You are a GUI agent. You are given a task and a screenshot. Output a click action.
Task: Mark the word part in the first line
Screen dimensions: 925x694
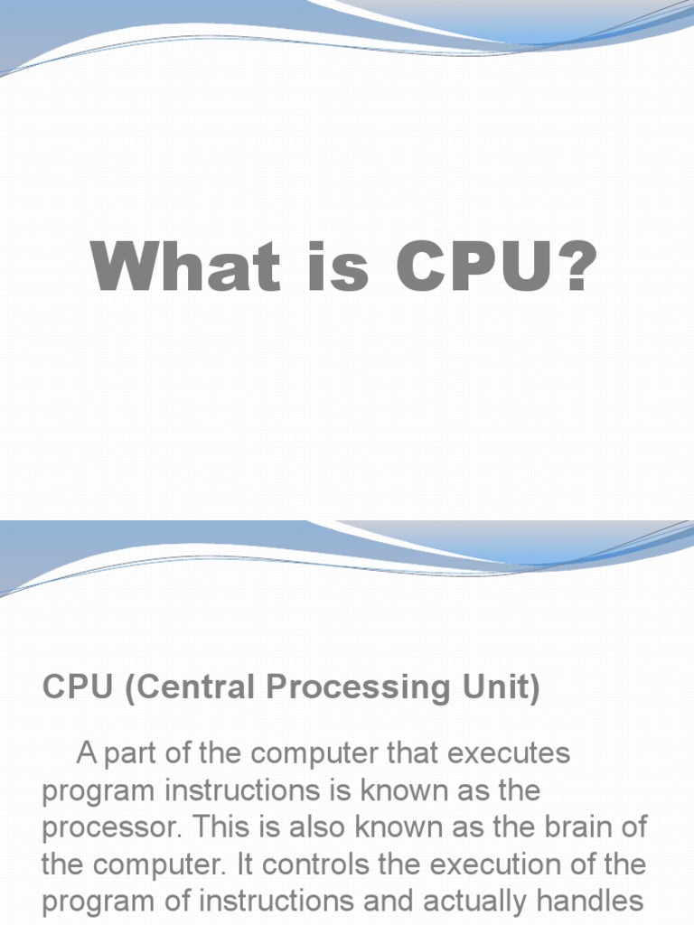[x=136, y=754]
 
